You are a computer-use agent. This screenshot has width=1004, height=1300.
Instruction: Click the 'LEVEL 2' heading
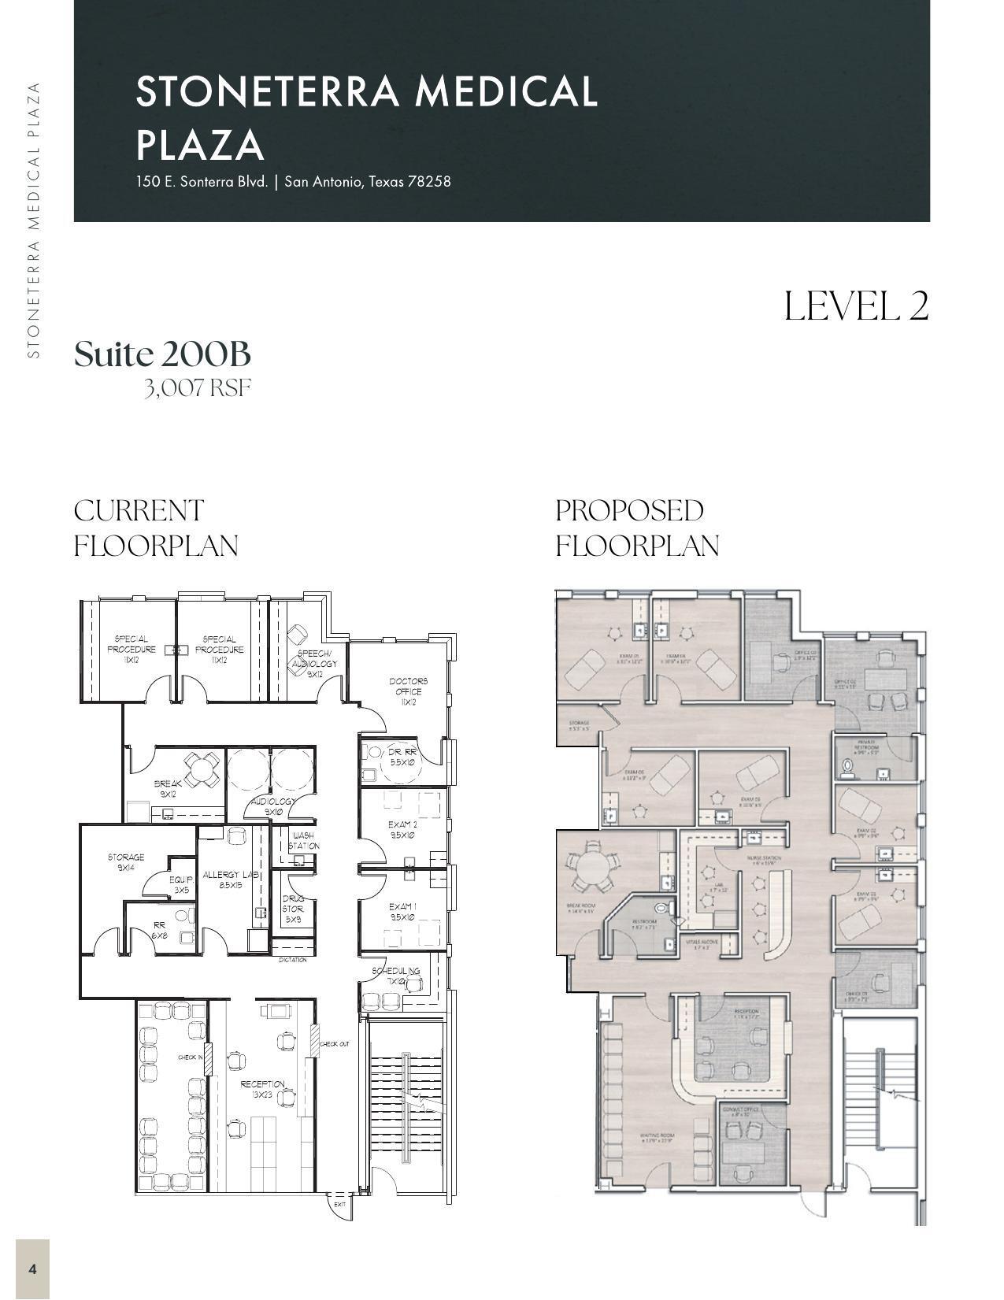856,306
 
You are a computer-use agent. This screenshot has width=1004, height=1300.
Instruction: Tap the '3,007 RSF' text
197,388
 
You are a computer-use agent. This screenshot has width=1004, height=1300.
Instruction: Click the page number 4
32,1269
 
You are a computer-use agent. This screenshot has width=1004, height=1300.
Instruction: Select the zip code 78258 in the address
429,181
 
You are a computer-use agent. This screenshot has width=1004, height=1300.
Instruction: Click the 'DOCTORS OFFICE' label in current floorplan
408,687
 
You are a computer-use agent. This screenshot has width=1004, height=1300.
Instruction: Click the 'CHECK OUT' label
334,1044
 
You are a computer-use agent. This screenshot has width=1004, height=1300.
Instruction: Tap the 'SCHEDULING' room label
395,971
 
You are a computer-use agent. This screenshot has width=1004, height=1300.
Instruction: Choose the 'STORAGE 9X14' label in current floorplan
126,861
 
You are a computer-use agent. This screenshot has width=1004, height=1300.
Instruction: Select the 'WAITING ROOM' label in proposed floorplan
656,1137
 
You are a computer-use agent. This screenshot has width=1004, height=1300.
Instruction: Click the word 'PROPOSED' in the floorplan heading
629,510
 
